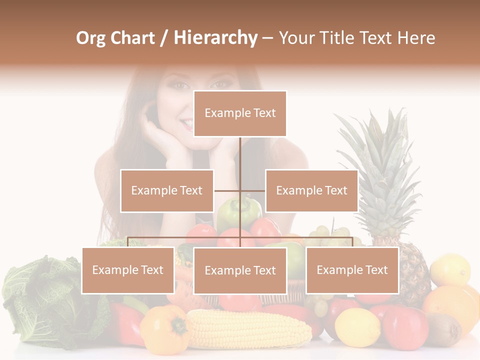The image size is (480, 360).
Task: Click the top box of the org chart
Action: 240,113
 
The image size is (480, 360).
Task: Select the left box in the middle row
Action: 166,190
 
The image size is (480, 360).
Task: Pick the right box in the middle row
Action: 311,190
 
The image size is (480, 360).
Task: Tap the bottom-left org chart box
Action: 127,270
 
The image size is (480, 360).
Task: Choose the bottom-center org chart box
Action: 240,270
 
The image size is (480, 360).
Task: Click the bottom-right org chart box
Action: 352,270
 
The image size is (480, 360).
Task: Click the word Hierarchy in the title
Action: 215,38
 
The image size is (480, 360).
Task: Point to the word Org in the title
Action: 90,38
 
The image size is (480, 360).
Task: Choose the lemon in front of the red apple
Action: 357,327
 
